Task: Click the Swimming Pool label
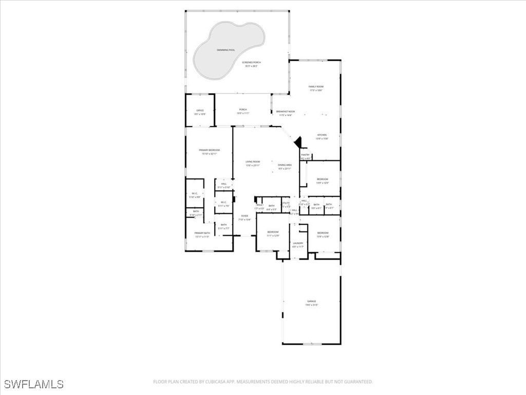pos(226,50)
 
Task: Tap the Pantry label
pos(305,156)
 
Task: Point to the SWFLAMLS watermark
pos(34,384)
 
